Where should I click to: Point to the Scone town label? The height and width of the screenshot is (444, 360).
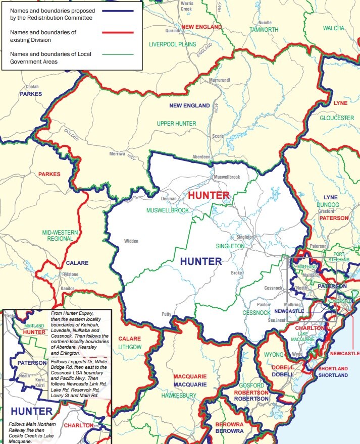click(x=218, y=136)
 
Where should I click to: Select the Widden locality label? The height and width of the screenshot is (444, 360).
click(x=131, y=241)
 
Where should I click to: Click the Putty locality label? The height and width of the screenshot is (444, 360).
click(x=166, y=314)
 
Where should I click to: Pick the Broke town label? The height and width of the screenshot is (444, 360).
click(x=237, y=273)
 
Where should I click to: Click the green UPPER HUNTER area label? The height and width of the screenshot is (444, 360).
click(x=176, y=124)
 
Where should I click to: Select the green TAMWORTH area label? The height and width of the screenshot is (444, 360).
click(x=264, y=30)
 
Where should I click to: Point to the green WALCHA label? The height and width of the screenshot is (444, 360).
click(x=333, y=28)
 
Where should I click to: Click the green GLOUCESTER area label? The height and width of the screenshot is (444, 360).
click(x=337, y=118)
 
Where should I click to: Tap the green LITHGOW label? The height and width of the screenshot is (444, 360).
click(x=130, y=347)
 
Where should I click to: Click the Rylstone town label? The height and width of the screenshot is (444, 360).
click(x=70, y=274)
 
